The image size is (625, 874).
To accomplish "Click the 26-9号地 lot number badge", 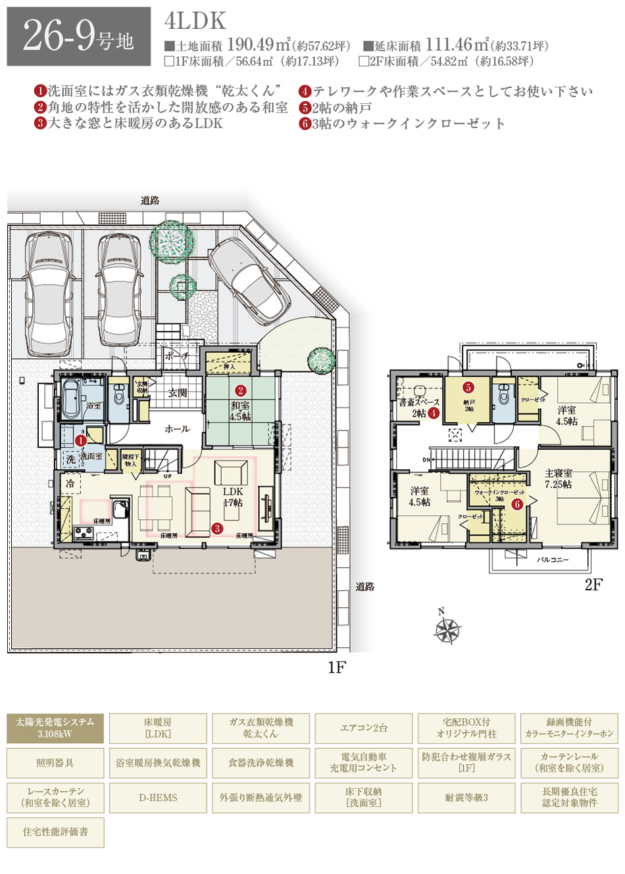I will click(79, 37).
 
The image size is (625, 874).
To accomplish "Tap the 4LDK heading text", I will click(195, 21).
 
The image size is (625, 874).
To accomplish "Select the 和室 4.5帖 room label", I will click(240, 411).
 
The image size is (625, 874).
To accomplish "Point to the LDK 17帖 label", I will click(233, 497).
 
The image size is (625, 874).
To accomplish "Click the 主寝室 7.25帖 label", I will click(558, 478).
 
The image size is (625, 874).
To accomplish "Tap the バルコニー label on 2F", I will click(553, 560).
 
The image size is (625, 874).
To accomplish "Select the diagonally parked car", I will click(250, 276).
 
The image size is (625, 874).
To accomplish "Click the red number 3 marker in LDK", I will click(217, 528).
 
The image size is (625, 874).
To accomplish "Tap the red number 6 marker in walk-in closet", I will click(517, 504).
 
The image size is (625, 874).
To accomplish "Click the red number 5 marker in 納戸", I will click(468, 388).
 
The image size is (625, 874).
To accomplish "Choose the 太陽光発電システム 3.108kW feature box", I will click(55, 728).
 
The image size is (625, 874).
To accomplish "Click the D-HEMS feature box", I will click(158, 798).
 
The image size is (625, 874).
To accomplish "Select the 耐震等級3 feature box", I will click(466, 798).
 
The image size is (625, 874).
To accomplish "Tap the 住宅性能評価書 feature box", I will click(55, 832).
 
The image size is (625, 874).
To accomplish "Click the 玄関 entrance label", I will click(178, 393).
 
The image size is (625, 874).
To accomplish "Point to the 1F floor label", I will click(336, 668).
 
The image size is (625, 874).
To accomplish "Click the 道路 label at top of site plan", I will click(150, 200).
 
